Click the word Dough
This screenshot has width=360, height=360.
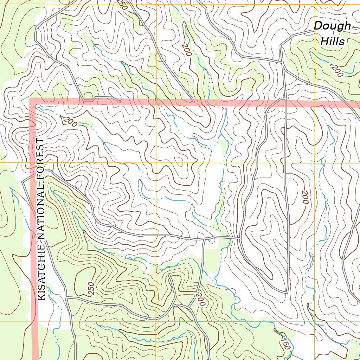(332, 26)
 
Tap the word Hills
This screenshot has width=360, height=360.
(333, 41)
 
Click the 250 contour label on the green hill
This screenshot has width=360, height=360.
(90, 288)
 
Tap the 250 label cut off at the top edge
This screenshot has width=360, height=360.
(122, 4)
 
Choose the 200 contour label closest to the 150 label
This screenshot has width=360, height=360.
(200, 299)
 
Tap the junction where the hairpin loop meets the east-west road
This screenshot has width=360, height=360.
(240, 239)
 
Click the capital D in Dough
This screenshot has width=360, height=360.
(319, 26)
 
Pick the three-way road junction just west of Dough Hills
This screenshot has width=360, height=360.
(281, 62)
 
